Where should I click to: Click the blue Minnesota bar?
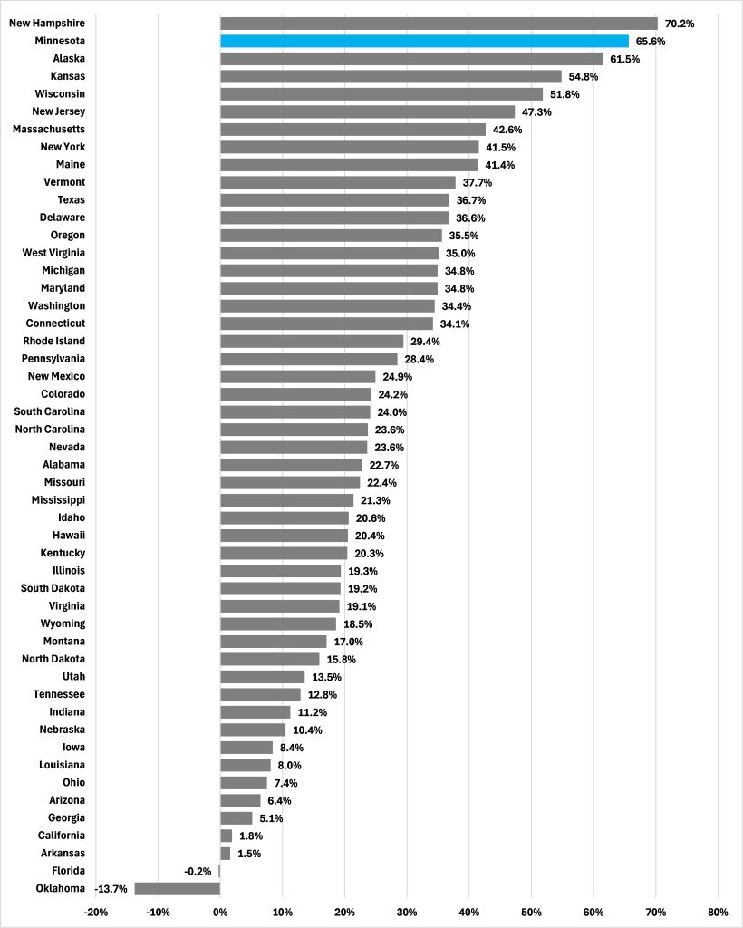tap(424, 41)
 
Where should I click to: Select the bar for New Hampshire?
tap(439, 24)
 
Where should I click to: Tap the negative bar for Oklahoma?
tap(178, 888)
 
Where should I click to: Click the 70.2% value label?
tap(680, 24)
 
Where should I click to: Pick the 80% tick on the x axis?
tap(718, 912)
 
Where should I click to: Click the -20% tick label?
tap(96, 912)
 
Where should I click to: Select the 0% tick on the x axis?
tap(220, 912)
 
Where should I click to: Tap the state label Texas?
tap(71, 199)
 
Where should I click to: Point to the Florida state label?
tap(67, 871)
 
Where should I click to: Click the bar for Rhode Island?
tap(312, 341)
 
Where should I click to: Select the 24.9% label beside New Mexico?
tap(400, 376)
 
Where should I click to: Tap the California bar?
tap(227, 836)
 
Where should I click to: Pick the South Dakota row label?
tap(53, 588)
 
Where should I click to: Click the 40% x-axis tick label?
tap(469, 912)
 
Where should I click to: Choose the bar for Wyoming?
tap(278, 623)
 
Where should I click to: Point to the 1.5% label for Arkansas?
tap(250, 853)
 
